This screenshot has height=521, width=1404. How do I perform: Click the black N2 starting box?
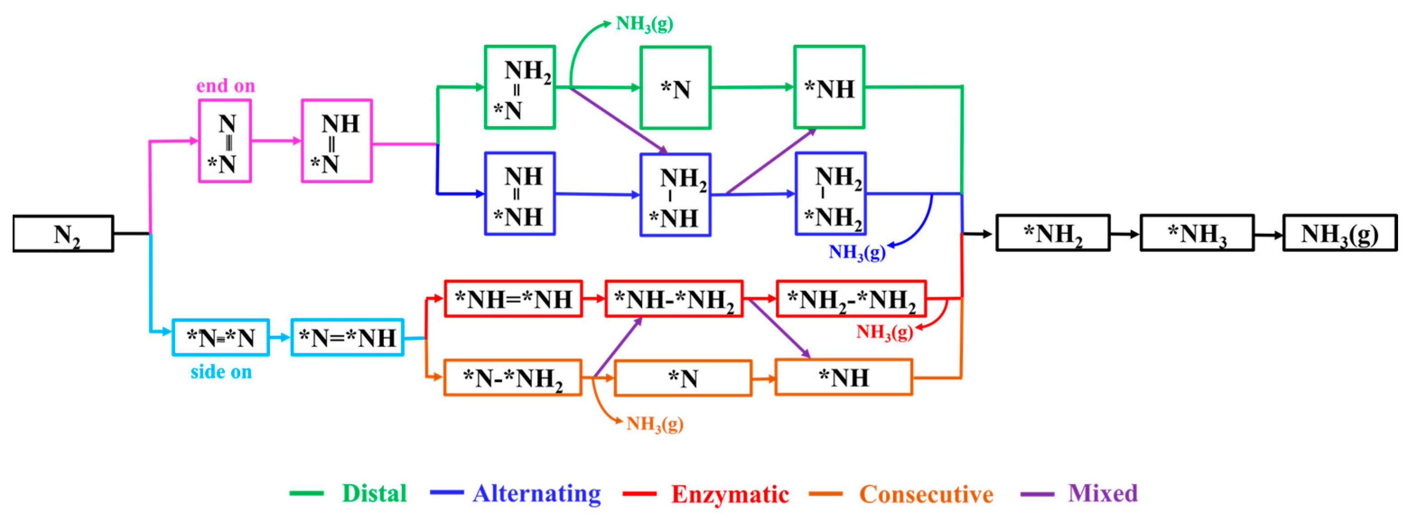pos(63,234)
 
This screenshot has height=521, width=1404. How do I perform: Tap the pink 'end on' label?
pos(225,86)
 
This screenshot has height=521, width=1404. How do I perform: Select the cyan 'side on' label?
pos(221,372)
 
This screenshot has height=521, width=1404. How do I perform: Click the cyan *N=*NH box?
pos(347,338)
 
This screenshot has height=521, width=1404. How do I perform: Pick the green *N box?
pos(675,88)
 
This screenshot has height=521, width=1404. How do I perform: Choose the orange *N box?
pos(683,378)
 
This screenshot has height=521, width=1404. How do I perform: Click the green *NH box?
pos(829,87)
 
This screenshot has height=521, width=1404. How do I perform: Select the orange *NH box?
pos(843,377)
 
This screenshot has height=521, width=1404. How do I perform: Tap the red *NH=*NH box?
pos(513,299)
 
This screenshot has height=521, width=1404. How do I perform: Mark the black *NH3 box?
pos(1197,234)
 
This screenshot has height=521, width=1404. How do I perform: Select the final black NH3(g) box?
pos(1340,234)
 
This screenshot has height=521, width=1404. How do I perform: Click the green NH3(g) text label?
pos(644,23)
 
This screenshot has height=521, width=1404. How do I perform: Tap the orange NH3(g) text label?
pos(655,424)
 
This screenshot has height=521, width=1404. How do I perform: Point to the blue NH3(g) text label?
pos(857,252)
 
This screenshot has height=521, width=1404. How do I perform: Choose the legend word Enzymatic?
pos(730,494)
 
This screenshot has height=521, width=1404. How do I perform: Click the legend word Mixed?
pos(1102,493)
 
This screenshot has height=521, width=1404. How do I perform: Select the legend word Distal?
pos(374,493)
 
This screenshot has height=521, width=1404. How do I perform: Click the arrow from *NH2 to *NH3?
pos(1125,234)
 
